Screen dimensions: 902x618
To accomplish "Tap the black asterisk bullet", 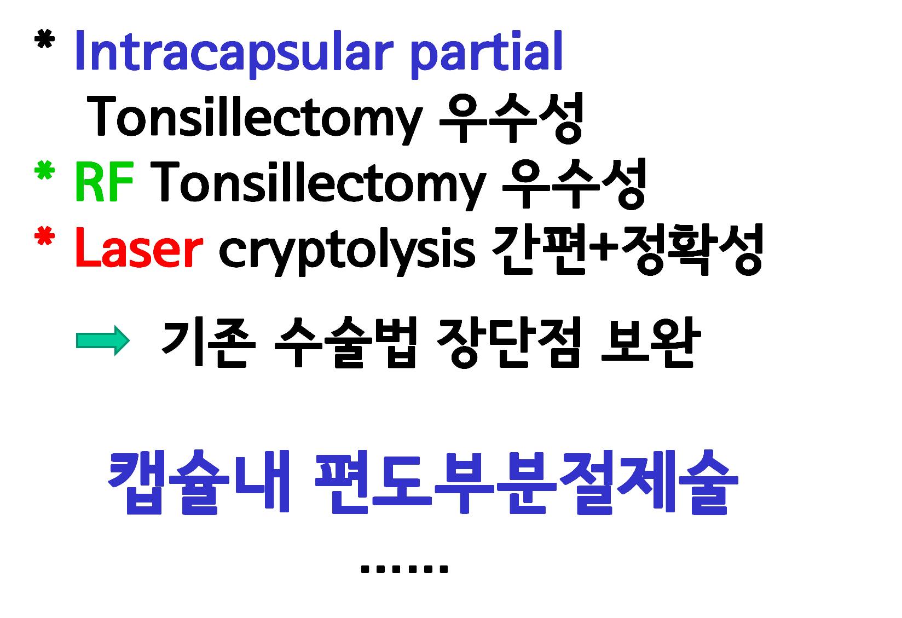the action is click(45, 39).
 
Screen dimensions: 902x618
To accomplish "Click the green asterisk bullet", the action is click(45, 170).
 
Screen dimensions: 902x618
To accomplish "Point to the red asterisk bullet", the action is click(45, 235).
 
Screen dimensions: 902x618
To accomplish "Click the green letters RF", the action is click(105, 181).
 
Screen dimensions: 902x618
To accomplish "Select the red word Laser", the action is click(139, 247).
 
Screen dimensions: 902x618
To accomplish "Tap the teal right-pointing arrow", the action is click(103, 340).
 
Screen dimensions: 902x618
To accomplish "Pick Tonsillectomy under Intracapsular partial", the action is click(255, 119).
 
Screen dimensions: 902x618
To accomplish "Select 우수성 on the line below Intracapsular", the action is click(511, 118).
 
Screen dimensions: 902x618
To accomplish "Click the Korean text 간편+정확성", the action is click(628, 250).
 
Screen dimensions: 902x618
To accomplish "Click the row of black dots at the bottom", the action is click(404, 569).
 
